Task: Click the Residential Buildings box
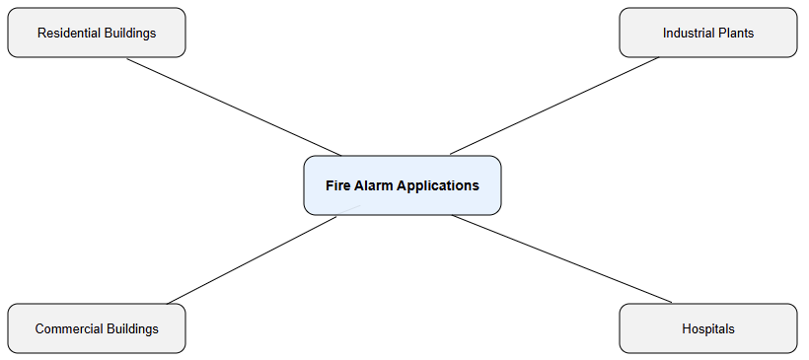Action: [97, 33]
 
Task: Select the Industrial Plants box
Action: [707, 33]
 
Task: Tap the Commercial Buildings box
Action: [97, 328]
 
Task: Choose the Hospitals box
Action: [707, 328]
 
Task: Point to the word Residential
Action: [69, 33]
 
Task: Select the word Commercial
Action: [66, 328]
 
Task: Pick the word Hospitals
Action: [707, 328]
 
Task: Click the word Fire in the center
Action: [337, 185]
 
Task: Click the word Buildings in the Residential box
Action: [130, 33]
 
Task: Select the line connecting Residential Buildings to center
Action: [234, 107]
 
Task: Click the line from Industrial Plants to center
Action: [554, 106]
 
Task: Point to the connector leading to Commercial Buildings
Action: [253, 259]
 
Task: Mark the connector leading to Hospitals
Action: [561, 258]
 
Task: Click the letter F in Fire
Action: [330, 185]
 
